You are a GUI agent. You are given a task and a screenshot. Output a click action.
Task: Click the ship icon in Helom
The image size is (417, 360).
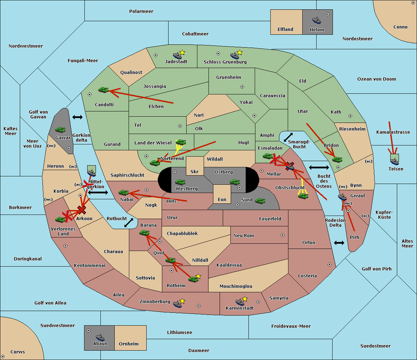(317, 20)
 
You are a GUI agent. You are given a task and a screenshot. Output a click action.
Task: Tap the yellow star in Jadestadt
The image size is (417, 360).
(182, 52)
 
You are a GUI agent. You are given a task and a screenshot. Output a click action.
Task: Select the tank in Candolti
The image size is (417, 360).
(103, 90)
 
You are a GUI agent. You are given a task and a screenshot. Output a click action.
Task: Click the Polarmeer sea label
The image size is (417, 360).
(141, 11)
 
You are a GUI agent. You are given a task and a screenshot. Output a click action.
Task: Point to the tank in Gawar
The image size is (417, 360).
(60, 129)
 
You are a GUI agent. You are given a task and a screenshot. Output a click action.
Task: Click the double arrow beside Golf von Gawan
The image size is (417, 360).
(77, 117)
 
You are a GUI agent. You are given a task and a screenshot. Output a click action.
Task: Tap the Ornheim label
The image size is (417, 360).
(129, 344)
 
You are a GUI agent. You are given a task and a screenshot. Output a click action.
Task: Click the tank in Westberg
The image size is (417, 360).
(180, 182)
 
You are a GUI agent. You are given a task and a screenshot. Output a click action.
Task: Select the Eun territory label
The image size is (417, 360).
(222, 199)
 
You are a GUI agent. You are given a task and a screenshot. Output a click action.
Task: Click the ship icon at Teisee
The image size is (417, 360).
(395, 161)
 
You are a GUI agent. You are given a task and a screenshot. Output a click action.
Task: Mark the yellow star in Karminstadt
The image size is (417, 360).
(245, 299)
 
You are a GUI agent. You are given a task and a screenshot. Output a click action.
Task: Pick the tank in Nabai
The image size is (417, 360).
(123, 192)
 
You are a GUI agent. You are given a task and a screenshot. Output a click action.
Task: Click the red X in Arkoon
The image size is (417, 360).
(82, 210)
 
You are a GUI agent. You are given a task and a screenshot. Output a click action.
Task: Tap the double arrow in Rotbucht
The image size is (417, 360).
(129, 223)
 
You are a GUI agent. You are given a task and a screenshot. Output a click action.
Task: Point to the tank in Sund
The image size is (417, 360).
(260, 201)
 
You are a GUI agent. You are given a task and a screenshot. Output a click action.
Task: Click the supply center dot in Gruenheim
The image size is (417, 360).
(242, 87)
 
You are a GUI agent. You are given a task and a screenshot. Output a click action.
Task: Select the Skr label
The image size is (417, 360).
(195, 171)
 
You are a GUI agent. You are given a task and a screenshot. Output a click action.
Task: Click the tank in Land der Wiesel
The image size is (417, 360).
(181, 142)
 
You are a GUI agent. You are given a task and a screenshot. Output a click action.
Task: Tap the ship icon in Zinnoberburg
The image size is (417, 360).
(178, 304)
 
